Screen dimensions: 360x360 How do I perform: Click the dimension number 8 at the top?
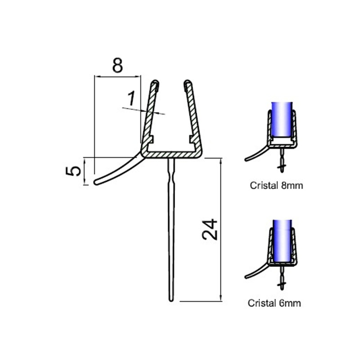click(x=117, y=65)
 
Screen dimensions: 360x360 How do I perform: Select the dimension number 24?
click(x=210, y=229)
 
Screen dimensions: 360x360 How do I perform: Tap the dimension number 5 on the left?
click(x=73, y=171)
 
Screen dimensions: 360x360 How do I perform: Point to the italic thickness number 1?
click(x=131, y=98)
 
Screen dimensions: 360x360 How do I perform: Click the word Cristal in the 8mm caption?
click(x=264, y=185)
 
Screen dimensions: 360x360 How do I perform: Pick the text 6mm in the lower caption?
click(x=290, y=303)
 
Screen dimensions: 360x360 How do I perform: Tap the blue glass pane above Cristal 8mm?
click(x=282, y=120)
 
